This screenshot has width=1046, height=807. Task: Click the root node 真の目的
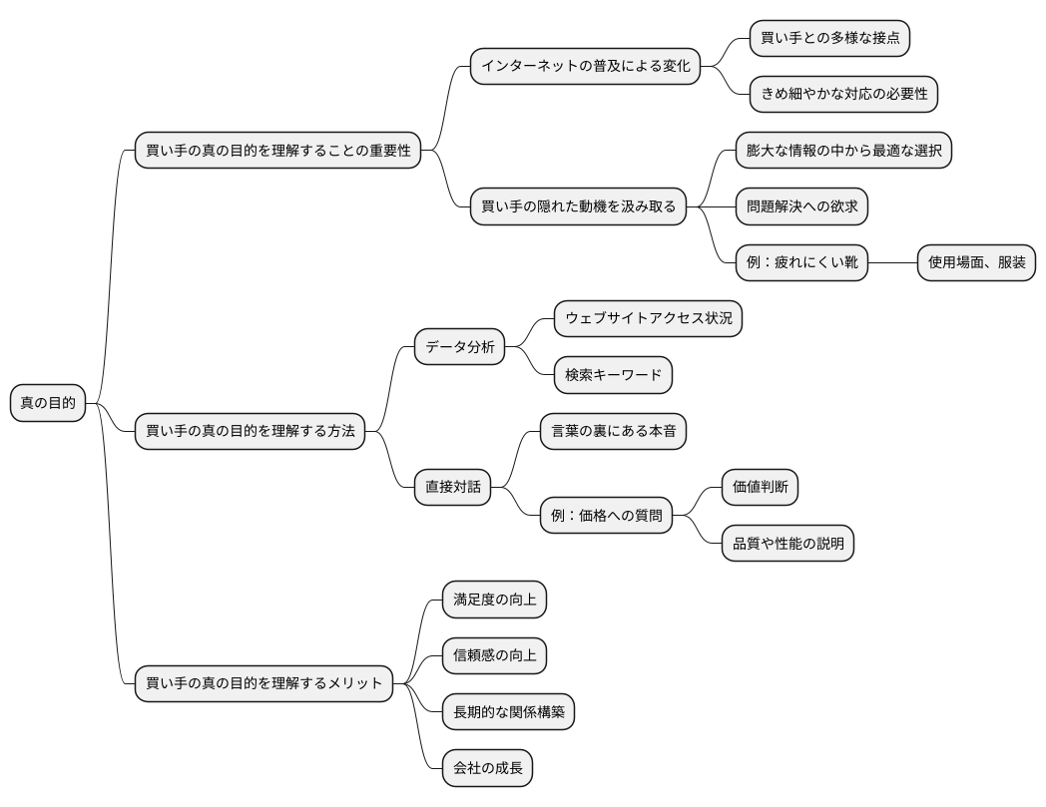[48, 403]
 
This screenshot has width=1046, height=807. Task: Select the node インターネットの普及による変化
[585, 66]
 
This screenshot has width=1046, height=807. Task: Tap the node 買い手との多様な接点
[829, 38]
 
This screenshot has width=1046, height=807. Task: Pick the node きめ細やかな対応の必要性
[843, 94]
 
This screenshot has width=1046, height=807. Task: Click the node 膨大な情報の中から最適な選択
[843, 150]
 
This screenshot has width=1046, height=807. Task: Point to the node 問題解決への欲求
[801, 206]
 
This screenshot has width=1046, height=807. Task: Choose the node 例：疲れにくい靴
[801, 262]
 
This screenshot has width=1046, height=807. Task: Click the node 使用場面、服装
[976, 262]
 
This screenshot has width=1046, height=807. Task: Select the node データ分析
[460, 347]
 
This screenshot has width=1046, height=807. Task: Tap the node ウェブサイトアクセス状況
[649, 319]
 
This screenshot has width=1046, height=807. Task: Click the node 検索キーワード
[613, 375]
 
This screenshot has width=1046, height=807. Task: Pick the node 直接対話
[452, 487]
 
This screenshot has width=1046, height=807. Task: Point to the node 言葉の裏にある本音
[613, 431]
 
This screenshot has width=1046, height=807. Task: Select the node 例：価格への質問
[607, 516]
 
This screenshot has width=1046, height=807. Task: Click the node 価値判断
[760, 487]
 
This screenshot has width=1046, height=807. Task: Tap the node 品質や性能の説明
[787, 544]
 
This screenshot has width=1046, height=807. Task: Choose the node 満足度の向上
[494, 600]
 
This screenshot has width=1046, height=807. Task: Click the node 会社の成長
[488, 768]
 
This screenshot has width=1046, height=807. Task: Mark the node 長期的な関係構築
[508, 712]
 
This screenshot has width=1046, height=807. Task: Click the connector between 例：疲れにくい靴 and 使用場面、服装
[892, 262]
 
